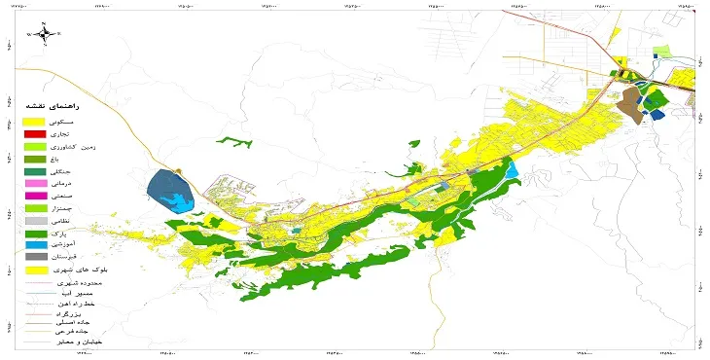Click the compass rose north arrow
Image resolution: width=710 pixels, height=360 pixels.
pyautogui.click(x=46, y=36)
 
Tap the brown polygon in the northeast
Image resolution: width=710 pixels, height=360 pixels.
pyautogui.click(x=630, y=103)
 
